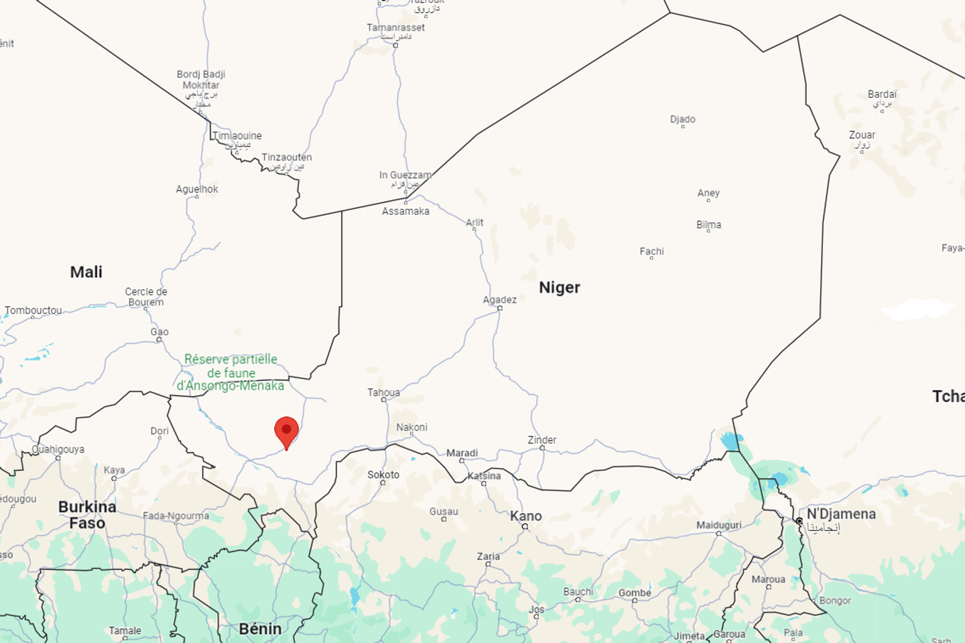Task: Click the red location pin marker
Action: [x=286, y=431]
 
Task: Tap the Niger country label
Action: [x=560, y=287]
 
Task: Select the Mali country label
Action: [x=86, y=272]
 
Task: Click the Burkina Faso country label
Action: [x=87, y=514]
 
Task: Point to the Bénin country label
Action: [x=260, y=628]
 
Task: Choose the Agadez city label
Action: [x=500, y=299]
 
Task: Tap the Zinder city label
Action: [x=542, y=440]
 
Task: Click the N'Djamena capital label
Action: [x=841, y=514]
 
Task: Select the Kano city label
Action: [x=526, y=516]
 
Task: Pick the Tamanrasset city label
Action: [x=395, y=27]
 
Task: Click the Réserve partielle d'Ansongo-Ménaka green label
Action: [x=231, y=372]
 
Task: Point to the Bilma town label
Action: [x=708, y=224]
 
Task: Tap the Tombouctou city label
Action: [x=34, y=310]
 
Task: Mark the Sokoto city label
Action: [x=383, y=474]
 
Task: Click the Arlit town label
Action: [x=474, y=222]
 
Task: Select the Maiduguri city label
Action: [x=718, y=524]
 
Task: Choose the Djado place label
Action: [x=683, y=119]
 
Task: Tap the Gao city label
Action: [x=159, y=332]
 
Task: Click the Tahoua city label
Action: [x=383, y=392]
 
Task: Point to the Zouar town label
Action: [x=862, y=135]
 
